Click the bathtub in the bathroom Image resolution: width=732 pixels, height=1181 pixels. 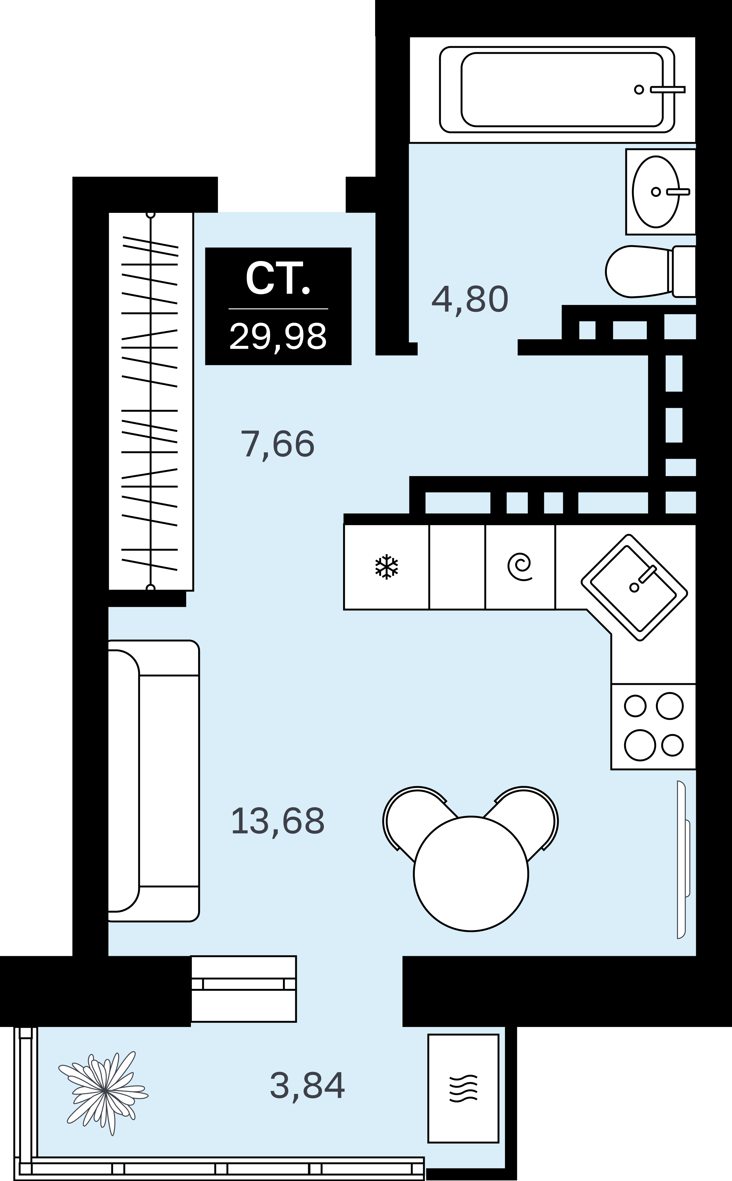(x=557, y=90)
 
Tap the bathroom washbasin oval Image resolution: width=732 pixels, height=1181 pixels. (x=656, y=192)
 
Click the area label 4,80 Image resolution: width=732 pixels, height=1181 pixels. (x=469, y=299)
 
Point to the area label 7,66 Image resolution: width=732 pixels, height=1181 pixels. (x=277, y=444)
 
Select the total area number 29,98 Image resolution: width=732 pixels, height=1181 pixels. (x=278, y=336)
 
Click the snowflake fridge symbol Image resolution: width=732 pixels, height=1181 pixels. (x=386, y=567)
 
